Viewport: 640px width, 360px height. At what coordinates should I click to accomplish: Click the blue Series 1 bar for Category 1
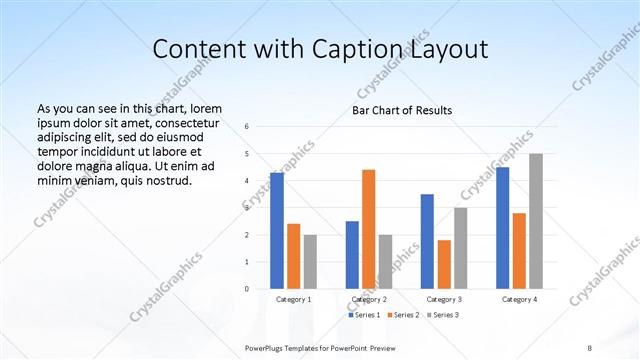(277, 231)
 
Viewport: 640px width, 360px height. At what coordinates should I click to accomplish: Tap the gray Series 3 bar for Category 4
(535, 221)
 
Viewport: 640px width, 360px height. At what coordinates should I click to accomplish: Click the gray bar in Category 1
(310, 262)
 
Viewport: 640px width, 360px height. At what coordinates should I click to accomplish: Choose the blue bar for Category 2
(352, 255)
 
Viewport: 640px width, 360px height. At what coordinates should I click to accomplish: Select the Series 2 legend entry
(402, 315)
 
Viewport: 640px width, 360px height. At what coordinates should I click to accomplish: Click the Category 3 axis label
(443, 299)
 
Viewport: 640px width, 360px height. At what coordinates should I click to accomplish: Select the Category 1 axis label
(293, 299)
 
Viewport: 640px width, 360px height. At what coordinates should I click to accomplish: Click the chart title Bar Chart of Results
(401, 110)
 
